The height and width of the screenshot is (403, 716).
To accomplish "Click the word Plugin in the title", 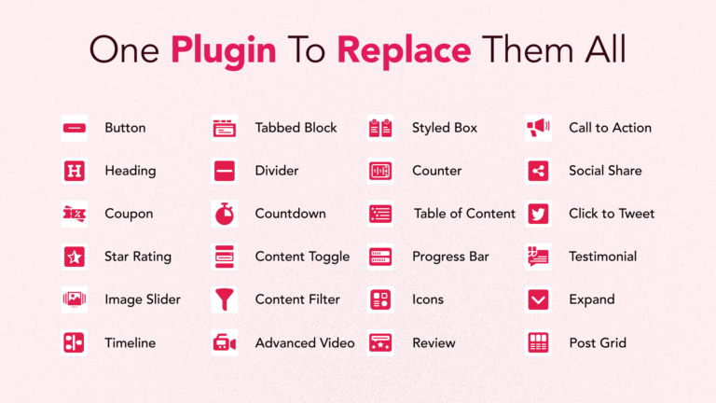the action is pos(224,51).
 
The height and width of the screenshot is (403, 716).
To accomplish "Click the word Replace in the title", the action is pos(404,50).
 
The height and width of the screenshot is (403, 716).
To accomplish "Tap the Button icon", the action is pos(75,128).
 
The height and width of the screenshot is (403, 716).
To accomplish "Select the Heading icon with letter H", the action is pos(75,171).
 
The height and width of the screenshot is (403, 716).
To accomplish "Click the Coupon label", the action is pos(129,215).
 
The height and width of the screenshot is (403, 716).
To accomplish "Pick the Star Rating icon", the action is pos(75,257).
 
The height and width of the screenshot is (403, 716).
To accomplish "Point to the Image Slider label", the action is pos(143,299).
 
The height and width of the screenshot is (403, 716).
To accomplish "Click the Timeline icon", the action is pos(75,342).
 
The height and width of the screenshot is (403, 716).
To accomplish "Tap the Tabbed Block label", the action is pos(296,128).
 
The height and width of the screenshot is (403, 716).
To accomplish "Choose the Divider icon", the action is pos(224,171).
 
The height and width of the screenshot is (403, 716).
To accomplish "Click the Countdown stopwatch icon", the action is pos(224,214).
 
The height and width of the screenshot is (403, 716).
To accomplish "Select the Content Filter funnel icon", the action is pos(224,299).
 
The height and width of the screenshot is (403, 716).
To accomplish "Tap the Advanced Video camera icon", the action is pos(224,342).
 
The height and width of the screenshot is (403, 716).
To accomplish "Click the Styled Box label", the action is pos(445,129).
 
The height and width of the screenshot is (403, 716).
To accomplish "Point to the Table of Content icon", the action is pos(380,214).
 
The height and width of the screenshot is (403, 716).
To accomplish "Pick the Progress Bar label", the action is pos(450,257).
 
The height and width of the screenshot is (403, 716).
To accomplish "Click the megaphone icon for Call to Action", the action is pos(538,128).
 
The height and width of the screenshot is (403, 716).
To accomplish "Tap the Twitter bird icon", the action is pos(538,214).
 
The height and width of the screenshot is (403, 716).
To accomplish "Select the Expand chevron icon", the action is pos(538,299).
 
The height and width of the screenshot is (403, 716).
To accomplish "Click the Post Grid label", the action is pos(598,343).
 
